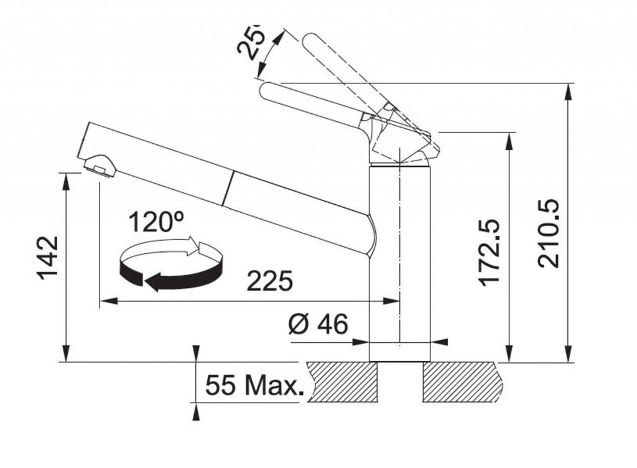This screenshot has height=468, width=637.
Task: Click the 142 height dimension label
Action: coord(49,258)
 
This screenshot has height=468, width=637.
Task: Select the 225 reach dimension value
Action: coord(270,281)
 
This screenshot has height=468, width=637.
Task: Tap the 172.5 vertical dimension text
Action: coord(489,252)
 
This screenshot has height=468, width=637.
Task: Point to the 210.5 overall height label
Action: coord(549,233)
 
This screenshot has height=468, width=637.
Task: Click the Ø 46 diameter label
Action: coord(318,324)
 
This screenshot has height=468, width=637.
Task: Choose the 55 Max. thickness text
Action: coord(254,385)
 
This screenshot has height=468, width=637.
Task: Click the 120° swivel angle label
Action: coord(156,222)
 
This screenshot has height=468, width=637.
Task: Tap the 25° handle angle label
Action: coord(251,40)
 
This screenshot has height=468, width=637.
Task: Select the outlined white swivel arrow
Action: coord(170,248)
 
